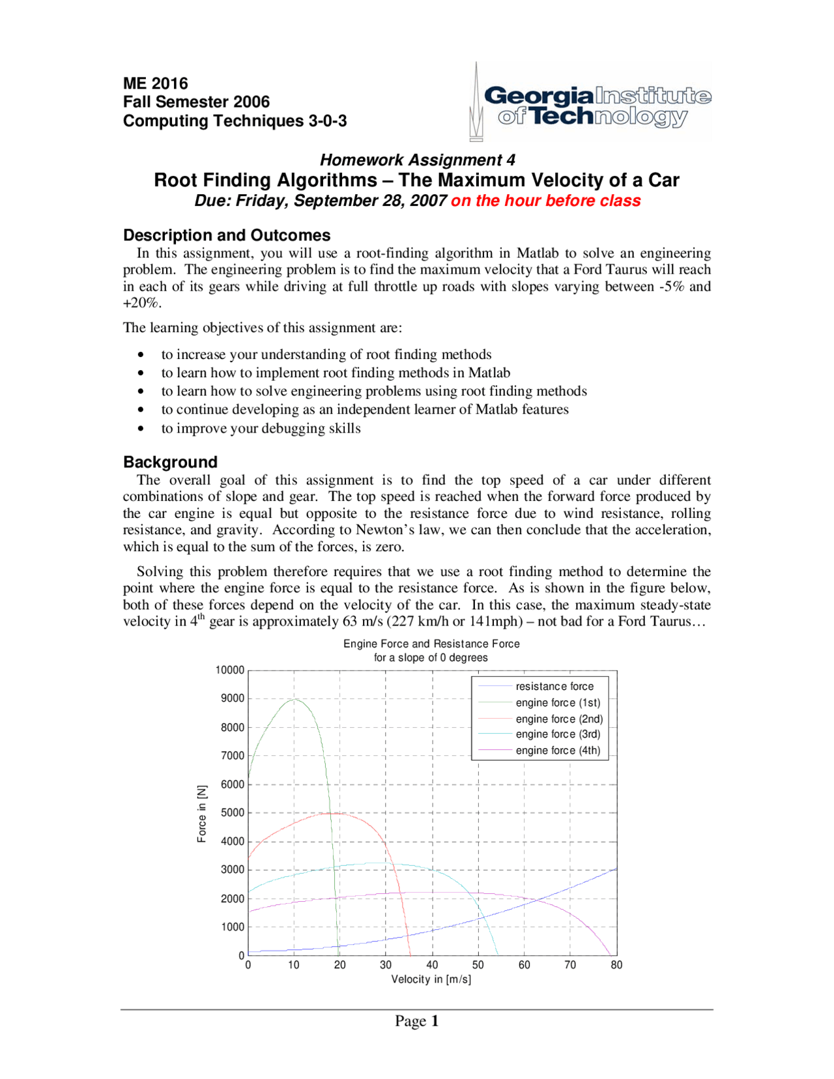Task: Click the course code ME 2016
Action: click(155, 83)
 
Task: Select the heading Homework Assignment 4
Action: click(417, 160)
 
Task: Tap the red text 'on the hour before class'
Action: click(545, 201)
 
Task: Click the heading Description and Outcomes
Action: click(227, 235)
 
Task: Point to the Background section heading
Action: click(170, 462)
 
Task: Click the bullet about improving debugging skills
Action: click(261, 428)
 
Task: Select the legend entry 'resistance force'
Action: click(554, 686)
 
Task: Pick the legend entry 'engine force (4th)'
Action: click(558, 750)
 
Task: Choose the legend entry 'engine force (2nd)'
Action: click(559, 719)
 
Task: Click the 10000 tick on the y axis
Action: click(229, 670)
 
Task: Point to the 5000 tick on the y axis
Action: click(232, 813)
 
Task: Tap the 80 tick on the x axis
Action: click(616, 965)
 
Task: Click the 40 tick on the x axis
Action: click(432, 965)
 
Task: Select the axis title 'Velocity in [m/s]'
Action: click(431, 979)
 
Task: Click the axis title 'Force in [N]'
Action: click(202, 813)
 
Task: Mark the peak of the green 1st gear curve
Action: click(295, 699)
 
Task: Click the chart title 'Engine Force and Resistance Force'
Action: click(431, 644)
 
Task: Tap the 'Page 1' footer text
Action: click(416, 1021)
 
